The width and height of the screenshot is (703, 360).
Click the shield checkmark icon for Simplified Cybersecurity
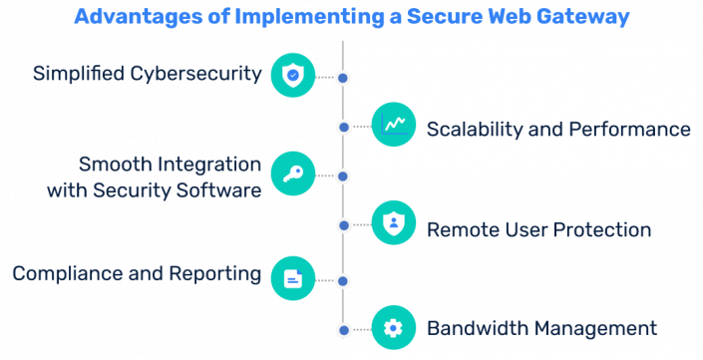292,75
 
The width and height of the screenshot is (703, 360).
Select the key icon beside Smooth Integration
292,176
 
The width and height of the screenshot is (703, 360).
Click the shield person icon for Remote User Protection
394,224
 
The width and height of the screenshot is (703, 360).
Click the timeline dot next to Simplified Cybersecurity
343,77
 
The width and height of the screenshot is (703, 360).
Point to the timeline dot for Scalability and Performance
343,127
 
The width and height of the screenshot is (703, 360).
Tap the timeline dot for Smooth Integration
343,177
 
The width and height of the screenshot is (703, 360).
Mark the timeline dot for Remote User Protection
343,225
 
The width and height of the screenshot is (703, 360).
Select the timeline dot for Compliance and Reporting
343,279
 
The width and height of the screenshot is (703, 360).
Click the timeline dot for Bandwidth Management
343,329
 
